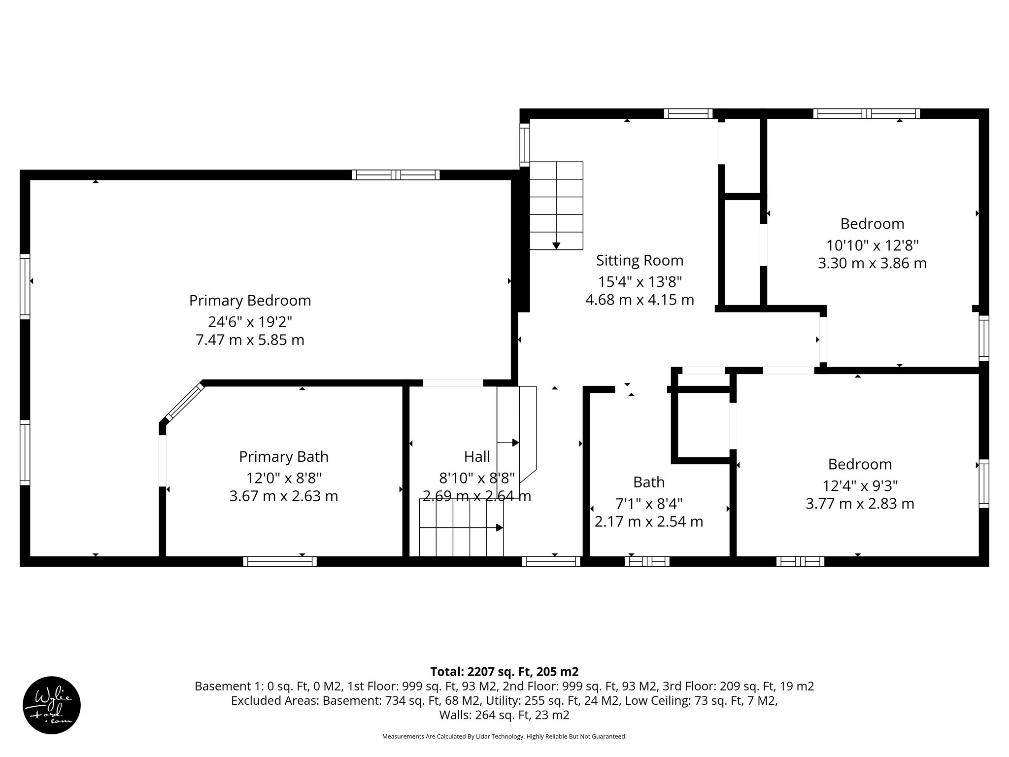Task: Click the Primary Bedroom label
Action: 250,301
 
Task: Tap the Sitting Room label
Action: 639,260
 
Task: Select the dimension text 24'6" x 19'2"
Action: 250,322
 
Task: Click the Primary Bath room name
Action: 283,457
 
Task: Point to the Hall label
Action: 476,457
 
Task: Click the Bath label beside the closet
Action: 648,482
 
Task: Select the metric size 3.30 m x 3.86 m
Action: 872,263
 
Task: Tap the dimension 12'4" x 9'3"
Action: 860,486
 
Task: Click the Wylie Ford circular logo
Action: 52,705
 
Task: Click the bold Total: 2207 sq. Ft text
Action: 504,672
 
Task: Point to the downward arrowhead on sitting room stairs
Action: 556,245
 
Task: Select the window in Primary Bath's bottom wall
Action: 280,561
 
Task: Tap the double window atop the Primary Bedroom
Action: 396,174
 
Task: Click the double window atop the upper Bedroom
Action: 866,114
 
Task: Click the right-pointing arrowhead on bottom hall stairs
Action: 499,528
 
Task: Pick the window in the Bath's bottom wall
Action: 647,561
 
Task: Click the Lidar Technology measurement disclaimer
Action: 504,736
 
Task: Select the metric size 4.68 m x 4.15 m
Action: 639,300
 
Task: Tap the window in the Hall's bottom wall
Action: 551,561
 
